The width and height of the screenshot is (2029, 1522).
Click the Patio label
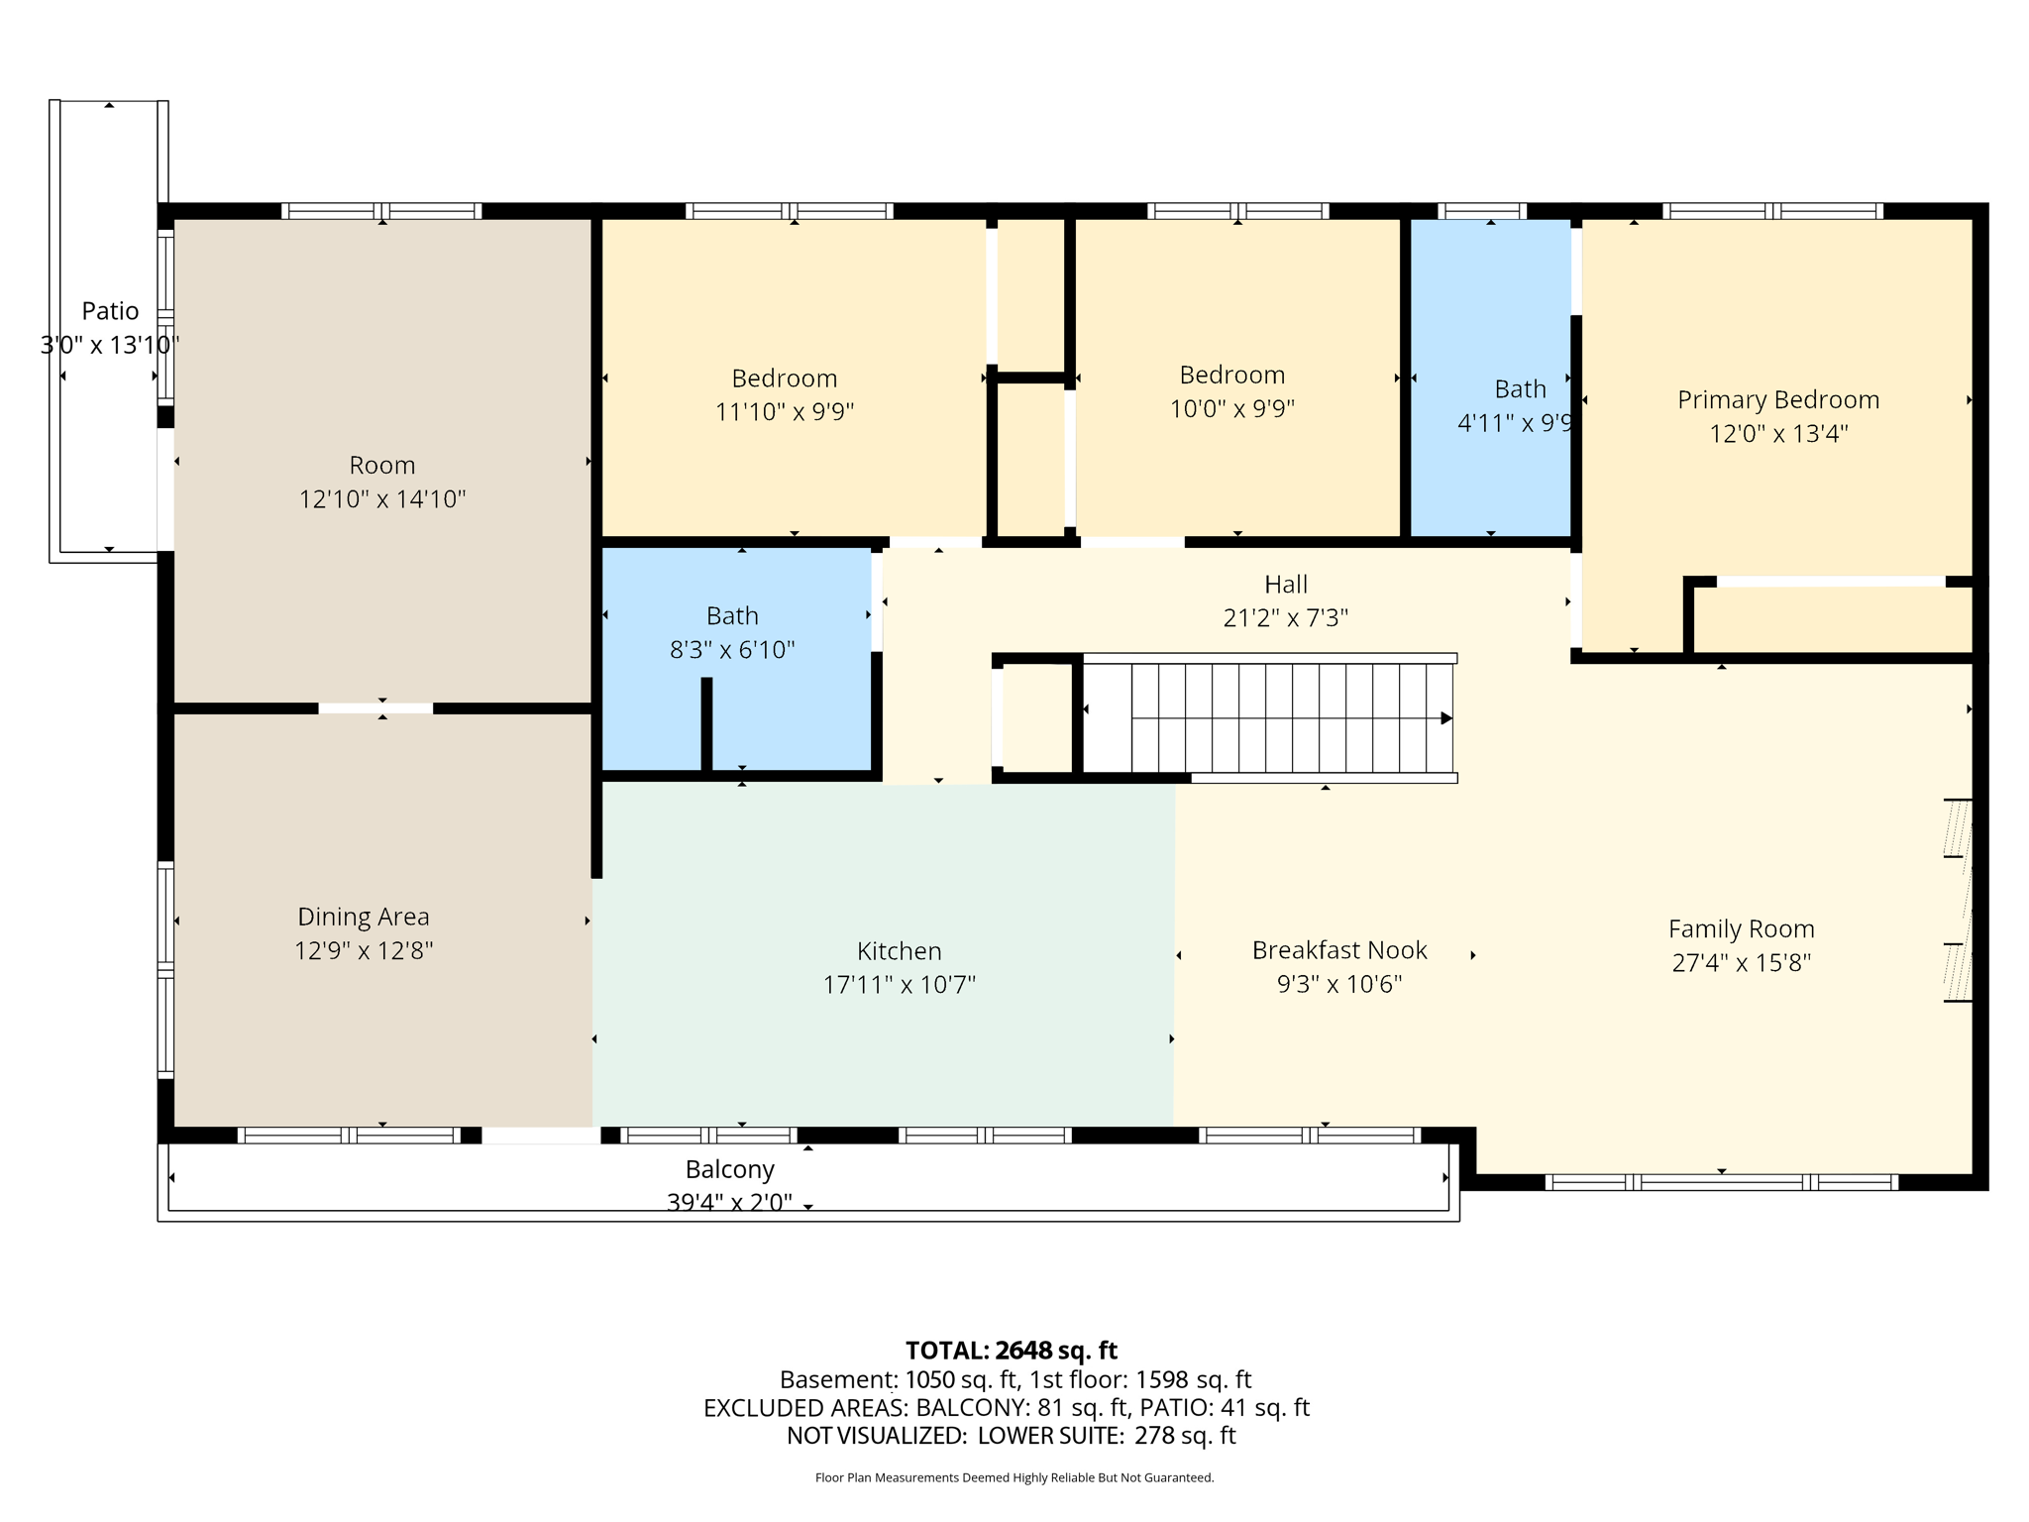(110, 311)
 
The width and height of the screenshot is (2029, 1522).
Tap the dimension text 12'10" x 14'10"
(382, 498)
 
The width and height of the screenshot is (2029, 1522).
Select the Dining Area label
(364, 917)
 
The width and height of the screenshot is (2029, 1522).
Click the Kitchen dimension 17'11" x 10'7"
(899, 984)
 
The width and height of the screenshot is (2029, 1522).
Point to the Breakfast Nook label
(1339, 950)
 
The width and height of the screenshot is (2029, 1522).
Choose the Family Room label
(1741, 929)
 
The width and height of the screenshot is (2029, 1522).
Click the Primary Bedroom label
(1777, 399)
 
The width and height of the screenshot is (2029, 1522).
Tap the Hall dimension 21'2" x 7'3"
(1285, 617)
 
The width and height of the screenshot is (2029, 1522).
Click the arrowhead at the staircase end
(1446, 718)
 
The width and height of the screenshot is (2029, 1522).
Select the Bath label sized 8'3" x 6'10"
(732, 616)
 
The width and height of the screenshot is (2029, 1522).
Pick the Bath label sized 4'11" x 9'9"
(1520, 389)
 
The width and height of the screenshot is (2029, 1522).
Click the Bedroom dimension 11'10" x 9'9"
(785, 411)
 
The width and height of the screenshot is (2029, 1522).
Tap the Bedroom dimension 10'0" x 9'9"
(1231, 408)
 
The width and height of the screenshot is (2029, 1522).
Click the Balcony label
(729, 1169)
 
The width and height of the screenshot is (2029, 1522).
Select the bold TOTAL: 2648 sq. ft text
(1011, 1351)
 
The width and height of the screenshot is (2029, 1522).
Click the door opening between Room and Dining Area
(375, 708)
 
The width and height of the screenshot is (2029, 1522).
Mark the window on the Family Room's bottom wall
(1721, 1182)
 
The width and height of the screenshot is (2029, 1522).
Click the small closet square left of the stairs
(1036, 717)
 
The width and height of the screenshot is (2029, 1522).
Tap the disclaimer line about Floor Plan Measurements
(1014, 1477)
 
